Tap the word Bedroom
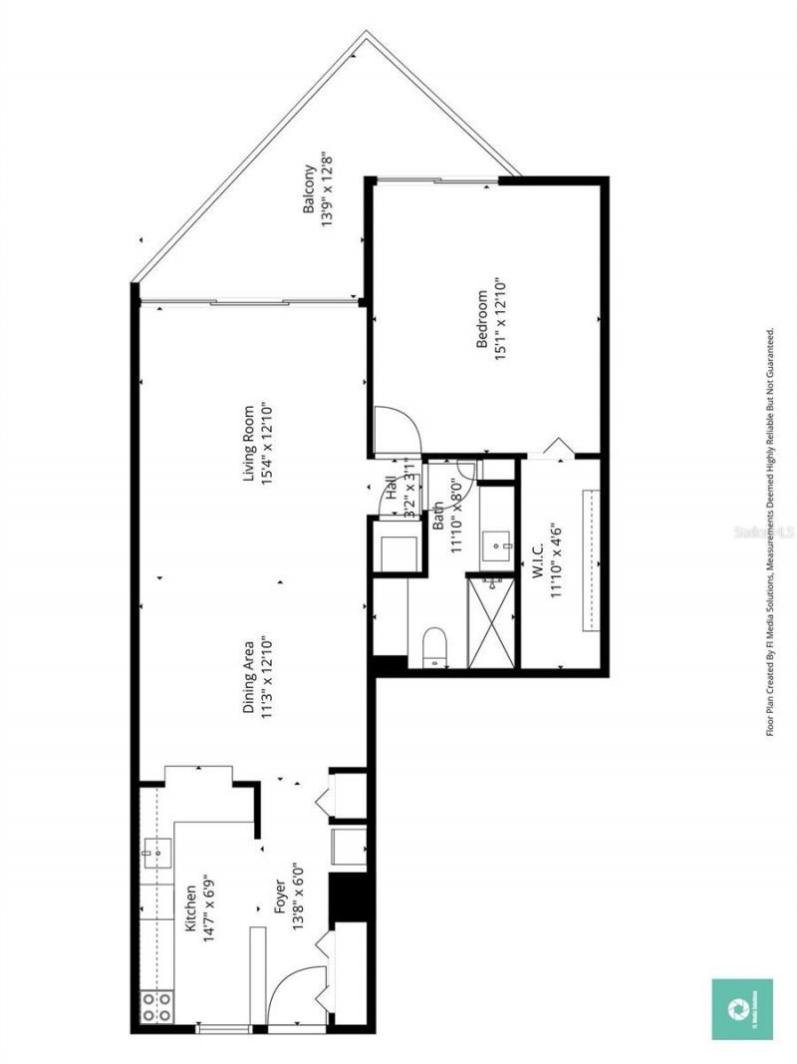pyautogui.click(x=481, y=319)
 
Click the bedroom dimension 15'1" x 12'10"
pyautogui.click(x=500, y=319)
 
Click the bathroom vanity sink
pyautogui.click(x=495, y=545)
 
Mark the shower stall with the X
pyautogui.click(x=491, y=620)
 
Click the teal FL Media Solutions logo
pyautogui.click(x=741, y=1009)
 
